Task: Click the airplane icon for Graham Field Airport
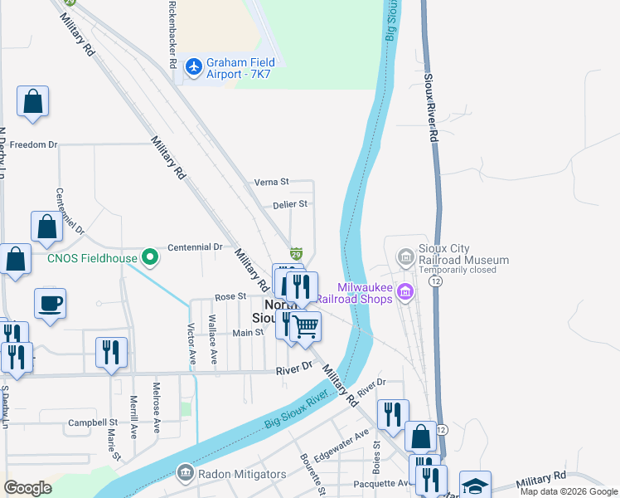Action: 194,66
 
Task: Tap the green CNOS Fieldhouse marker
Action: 149,258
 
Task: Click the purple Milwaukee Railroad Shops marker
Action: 405,291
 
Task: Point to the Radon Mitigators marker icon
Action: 184,474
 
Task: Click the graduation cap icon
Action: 476,486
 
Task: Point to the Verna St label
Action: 272,182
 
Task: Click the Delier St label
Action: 289,204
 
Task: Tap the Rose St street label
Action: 230,296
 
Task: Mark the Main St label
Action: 247,333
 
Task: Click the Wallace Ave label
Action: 212,340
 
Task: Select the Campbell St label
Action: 91,422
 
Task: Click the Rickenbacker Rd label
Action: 172,35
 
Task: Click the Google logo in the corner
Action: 27,488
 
